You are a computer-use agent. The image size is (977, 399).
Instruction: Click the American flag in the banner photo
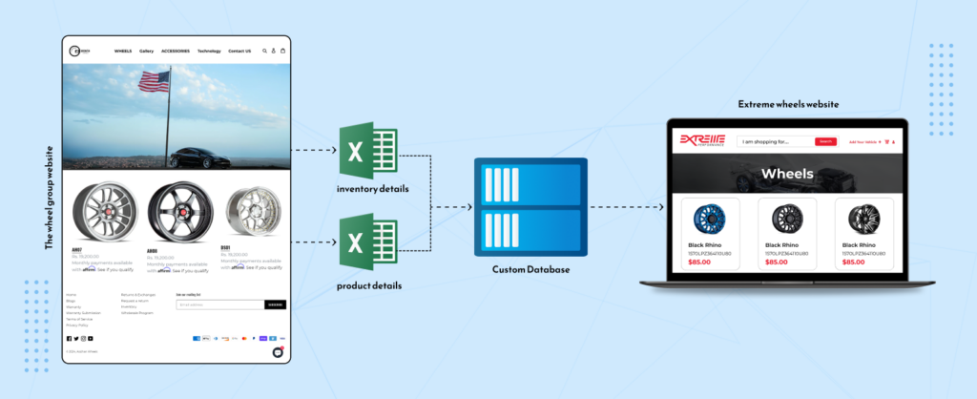point(154,82)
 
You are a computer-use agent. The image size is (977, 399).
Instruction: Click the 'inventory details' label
point(372,189)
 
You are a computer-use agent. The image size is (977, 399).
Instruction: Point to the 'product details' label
point(368,285)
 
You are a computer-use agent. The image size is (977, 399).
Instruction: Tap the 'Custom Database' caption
point(531,270)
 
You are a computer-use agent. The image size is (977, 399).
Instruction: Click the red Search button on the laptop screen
point(825,141)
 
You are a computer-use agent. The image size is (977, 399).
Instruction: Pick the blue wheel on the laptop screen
point(710,219)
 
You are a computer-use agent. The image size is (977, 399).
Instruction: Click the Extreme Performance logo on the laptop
point(702,141)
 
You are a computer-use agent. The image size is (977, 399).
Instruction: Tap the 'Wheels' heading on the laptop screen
point(787,174)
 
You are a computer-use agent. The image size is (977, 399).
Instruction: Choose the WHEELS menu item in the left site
point(123,51)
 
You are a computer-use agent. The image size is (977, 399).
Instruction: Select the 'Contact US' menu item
point(239,51)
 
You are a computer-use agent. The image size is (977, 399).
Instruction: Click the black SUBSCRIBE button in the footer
point(275,304)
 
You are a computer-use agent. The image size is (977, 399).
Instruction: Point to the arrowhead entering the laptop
point(661,206)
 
